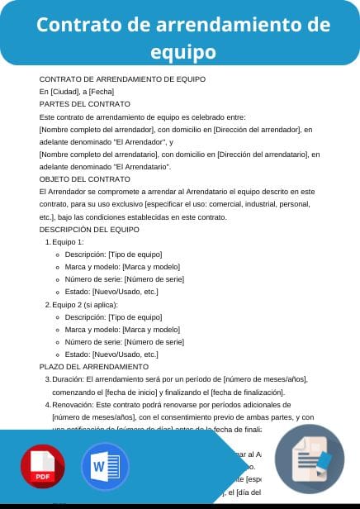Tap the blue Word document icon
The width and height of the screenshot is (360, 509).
tap(105, 468)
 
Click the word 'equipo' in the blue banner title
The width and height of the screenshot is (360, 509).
tap(183, 53)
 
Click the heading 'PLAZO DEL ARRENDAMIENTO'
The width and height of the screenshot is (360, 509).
tap(94, 366)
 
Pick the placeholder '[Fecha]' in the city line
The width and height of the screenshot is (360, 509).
tap(102, 92)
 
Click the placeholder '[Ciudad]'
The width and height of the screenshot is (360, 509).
tap(65, 92)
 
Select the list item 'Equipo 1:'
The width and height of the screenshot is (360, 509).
tap(68, 241)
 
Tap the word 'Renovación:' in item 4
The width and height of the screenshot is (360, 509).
tap(73, 405)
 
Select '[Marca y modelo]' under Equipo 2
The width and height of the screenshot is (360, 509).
tap(151, 329)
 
